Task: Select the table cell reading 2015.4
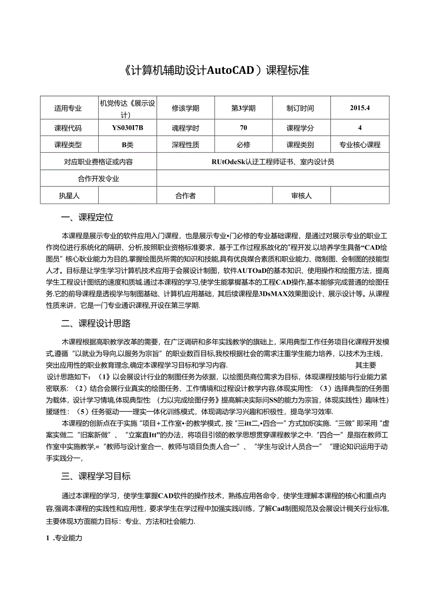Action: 359,108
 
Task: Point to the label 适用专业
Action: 68,108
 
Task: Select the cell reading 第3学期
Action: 243,108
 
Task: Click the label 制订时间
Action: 301,108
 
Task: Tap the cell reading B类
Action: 128,145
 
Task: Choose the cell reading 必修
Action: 243,145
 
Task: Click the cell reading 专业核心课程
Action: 359,145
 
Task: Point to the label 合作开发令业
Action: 99,179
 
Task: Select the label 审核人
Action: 301,196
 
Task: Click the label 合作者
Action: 185,196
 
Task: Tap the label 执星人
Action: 68,196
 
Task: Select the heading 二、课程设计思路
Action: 96,323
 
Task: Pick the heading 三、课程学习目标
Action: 96,477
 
